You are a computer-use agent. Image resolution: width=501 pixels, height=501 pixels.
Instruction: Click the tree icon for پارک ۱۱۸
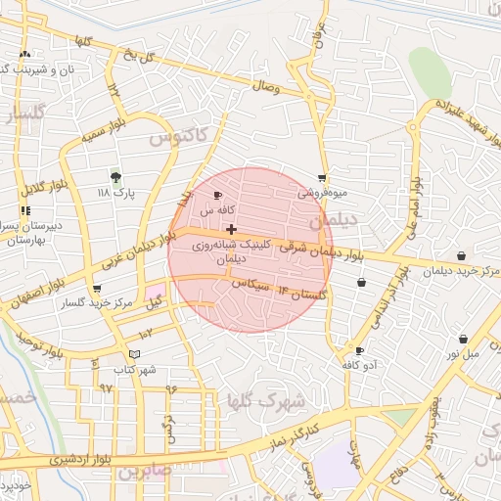click(x=116, y=177)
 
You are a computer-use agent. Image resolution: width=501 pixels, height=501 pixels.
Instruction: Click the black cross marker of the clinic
click(x=231, y=229)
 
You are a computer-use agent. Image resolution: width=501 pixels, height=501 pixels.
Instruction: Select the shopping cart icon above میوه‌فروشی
click(x=321, y=178)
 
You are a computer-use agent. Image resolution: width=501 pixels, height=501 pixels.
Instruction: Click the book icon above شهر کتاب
click(x=134, y=353)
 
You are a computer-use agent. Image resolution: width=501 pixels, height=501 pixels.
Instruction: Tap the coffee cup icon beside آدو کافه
click(x=359, y=350)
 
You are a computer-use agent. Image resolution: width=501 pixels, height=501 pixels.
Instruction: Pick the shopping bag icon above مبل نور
click(x=462, y=340)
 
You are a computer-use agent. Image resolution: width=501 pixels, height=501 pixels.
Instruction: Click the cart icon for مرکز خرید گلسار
click(x=96, y=289)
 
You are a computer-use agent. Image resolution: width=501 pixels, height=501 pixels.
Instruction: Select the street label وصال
click(x=266, y=88)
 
